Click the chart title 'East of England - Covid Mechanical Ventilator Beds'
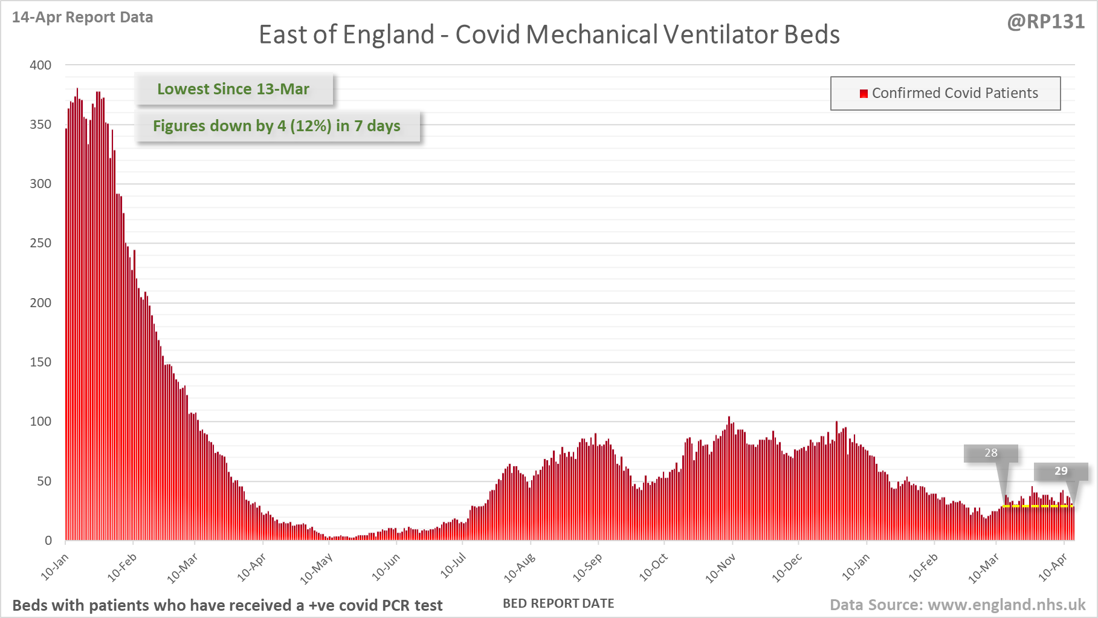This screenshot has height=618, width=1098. pos(549,34)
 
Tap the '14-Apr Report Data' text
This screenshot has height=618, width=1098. pos(82,18)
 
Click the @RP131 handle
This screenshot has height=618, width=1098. pos(1045,22)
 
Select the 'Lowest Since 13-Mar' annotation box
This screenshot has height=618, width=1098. pos(233,89)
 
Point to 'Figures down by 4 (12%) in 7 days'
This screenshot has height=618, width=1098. pos(277,126)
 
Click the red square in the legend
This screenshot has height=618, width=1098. pos(864,93)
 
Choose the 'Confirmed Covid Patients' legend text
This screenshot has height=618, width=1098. pos(954,93)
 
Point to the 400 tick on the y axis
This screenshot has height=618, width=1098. pos(40,65)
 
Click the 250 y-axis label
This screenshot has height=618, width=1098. pos(40,243)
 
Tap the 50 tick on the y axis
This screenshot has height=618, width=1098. pos(44,481)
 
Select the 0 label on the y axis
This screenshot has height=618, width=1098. pos(48,541)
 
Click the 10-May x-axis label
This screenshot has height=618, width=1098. pos(317,569)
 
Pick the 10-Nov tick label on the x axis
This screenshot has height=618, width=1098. pos(720,569)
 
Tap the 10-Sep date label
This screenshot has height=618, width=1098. pos(587,569)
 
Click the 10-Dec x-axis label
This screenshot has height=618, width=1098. pos(787,569)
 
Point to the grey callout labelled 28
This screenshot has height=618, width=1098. pos(990,453)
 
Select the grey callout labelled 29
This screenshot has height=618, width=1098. pos(1061,471)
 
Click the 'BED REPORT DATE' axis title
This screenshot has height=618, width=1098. pos(558,603)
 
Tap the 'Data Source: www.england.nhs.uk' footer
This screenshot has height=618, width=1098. pos(957,605)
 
